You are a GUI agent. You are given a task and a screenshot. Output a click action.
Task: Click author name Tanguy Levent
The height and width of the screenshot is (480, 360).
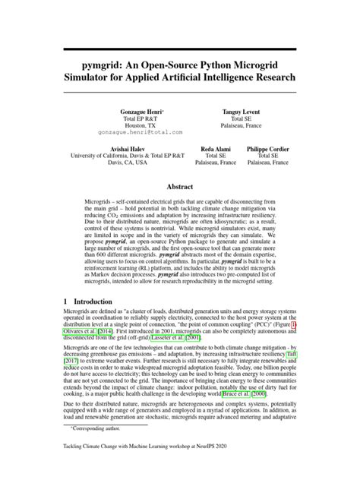tap(241, 111)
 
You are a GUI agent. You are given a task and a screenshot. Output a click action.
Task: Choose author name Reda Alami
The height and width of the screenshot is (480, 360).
tap(216, 150)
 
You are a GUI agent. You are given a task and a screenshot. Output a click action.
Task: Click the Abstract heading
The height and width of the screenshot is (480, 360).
tap(180, 186)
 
